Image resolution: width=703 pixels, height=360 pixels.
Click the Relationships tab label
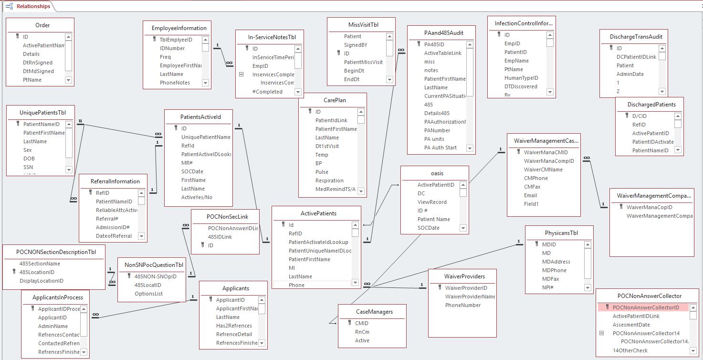pos(33,6)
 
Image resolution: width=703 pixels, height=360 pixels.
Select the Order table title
pos(42,25)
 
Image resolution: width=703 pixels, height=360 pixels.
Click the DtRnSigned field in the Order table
pos(38,63)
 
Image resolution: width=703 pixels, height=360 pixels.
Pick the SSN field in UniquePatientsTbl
pos(29,167)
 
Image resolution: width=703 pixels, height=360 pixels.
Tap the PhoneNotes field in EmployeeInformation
pos(175,83)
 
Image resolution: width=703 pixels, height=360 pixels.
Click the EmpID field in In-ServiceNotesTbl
pos(260,66)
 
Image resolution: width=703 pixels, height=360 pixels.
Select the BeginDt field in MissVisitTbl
pos(354,71)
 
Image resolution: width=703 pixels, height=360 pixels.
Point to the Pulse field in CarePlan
pos(322,172)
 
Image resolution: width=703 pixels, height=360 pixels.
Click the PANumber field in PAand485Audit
pos(437,130)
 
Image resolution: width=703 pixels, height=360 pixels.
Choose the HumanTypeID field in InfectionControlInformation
pos(521,78)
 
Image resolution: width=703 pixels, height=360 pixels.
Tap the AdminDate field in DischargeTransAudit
pos(630,74)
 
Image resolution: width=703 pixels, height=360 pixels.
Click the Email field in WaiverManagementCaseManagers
pos(530,195)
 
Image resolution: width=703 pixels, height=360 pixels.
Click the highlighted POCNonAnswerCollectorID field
pos(646,307)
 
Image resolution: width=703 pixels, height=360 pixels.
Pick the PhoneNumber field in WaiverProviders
pos(463,305)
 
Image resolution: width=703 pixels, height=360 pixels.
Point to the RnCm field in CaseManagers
pos(362,332)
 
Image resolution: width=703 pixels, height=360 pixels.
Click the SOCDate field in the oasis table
pos(429,228)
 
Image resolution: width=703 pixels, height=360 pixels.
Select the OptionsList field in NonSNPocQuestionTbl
pos(148,294)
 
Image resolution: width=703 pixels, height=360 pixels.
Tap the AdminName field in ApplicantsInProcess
pos(53,326)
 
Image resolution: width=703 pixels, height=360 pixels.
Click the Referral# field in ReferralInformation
pos(106,219)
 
